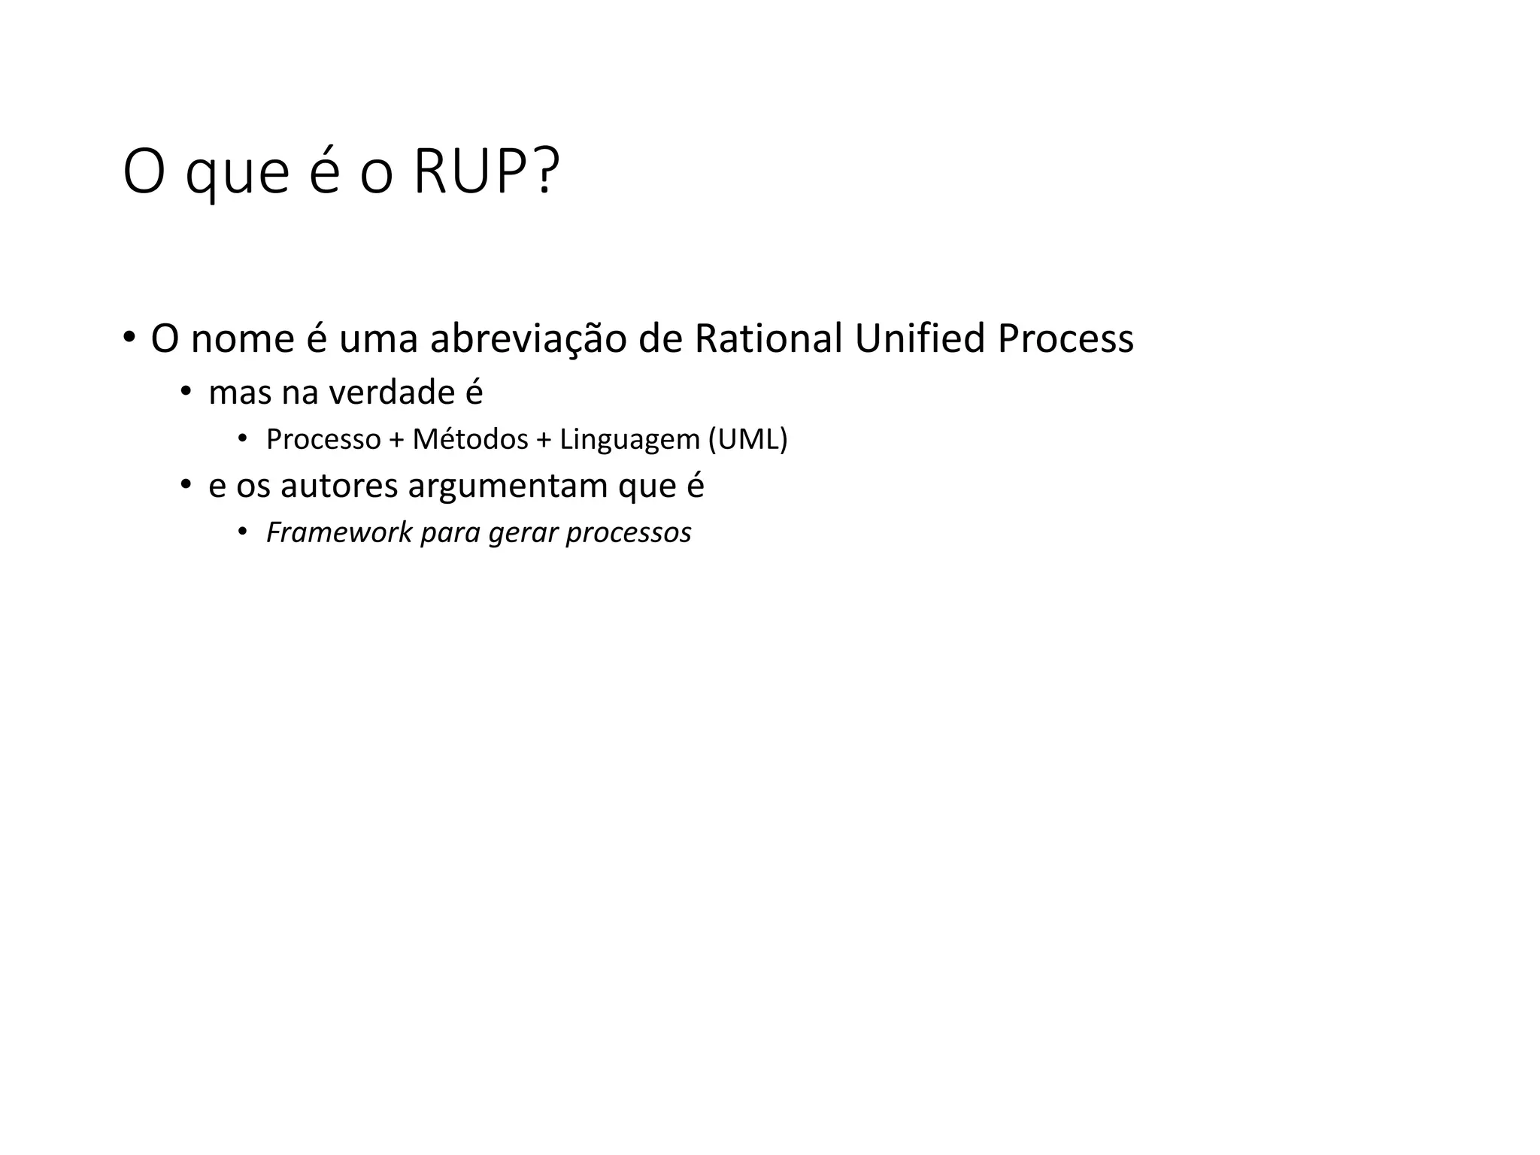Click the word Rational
tap(768, 338)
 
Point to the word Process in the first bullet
tap(1065, 338)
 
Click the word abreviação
tap(528, 338)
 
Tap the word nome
tap(242, 338)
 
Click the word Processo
tap(323, 439)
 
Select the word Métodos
tap(470, 439)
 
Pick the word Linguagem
tap(629, 439)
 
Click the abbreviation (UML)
tap(747, 439)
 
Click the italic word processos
tap(629, 532)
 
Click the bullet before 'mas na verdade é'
tap(185, 392)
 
